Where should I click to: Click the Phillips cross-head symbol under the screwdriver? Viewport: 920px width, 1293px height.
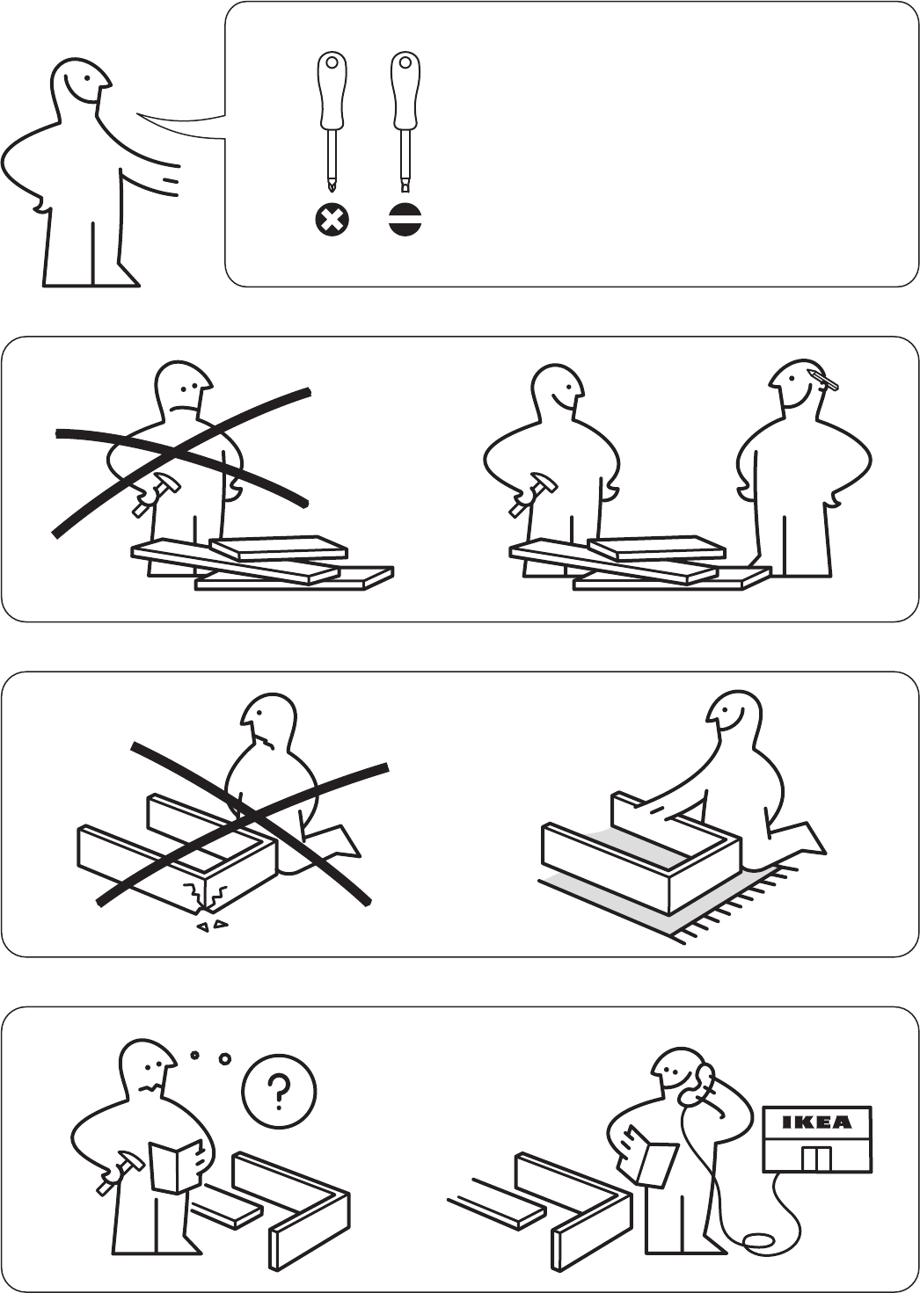[332, 220]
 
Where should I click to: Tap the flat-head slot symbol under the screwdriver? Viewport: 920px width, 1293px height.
[405, 220]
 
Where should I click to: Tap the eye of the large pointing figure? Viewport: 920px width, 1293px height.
[85, 78]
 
